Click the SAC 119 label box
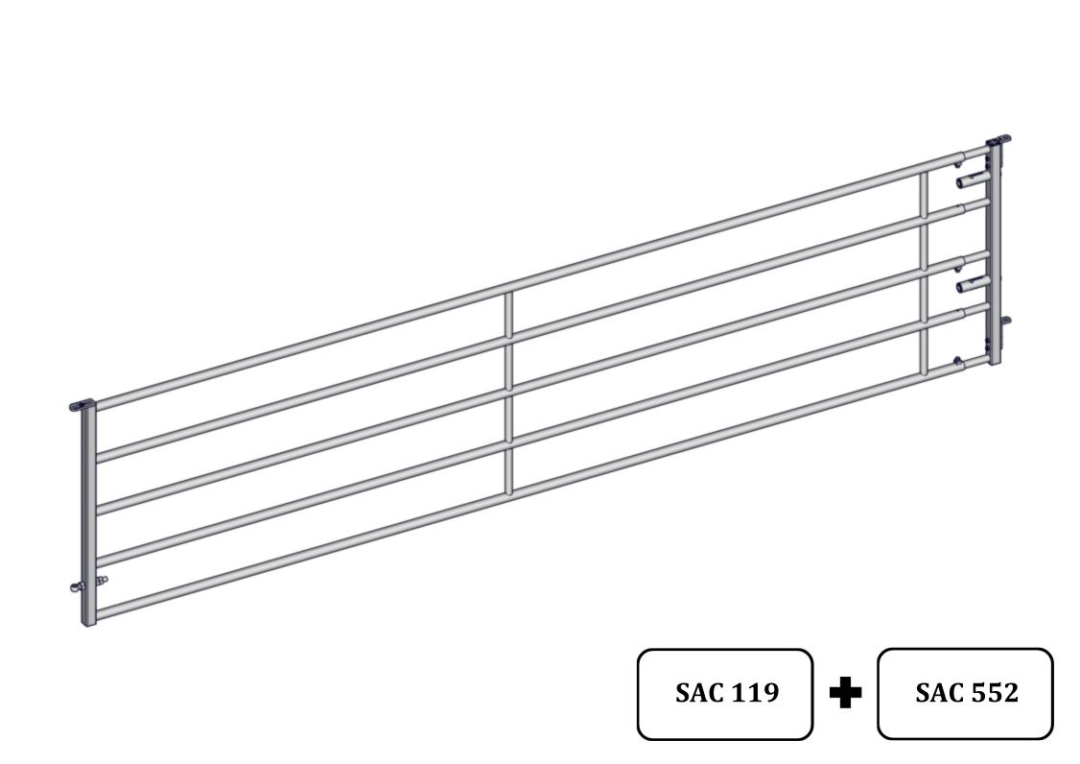click(x=724, y=694)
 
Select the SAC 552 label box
click(x=965, y=693)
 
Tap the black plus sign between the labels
click(x=845, y=692)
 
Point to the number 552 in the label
click(x=995, y=692)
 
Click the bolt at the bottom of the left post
click(x=89, y=584)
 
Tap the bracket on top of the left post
click(x=82, y=405)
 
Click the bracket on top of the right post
click(x=998, y=141)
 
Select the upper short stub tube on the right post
click(x=973, y=180)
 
